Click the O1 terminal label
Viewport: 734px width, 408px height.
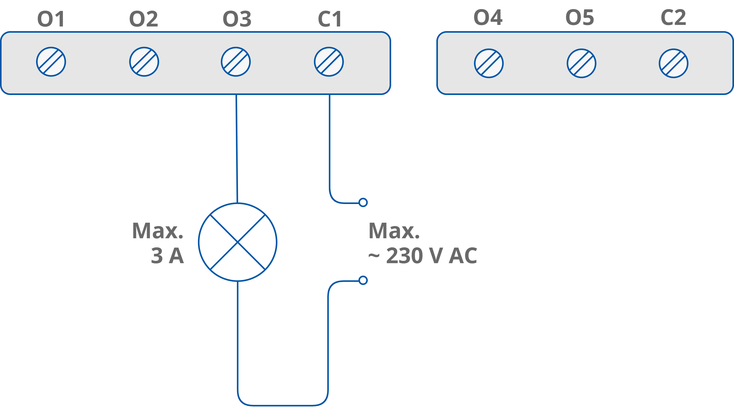click(x=51, y=19)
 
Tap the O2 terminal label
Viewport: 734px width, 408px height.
click(x=144, y=19)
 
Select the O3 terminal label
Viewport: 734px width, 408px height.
click(x=237, y=19)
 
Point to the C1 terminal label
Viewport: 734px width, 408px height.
click(x=330, y=19)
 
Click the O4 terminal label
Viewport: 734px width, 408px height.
click(x=488, y=17)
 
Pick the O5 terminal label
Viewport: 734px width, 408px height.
click(x=579, y=17)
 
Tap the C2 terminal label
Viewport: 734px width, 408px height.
click(x=673, y=17)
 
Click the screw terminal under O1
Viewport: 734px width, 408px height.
click(x=51, y=62)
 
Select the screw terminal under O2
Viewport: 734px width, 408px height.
click(x=144, y=62)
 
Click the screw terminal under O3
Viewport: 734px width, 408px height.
click(x=236, y=62)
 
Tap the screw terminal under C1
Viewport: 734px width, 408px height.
click(x=329, y=62)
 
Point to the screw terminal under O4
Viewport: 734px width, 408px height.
click(x=489, y=63)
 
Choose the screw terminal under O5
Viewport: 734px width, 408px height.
click(x=581, y=63)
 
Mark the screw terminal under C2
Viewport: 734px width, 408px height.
click(x=673, y=63)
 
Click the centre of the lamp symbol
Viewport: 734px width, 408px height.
click(x=238, y=242)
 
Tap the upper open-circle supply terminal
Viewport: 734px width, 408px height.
click(x=363, y=202)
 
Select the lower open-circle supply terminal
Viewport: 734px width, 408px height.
click(x=363, y=281)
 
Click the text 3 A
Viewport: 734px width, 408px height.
click(x=167, y=256)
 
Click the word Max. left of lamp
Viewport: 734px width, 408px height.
click(x=158, y=231)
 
